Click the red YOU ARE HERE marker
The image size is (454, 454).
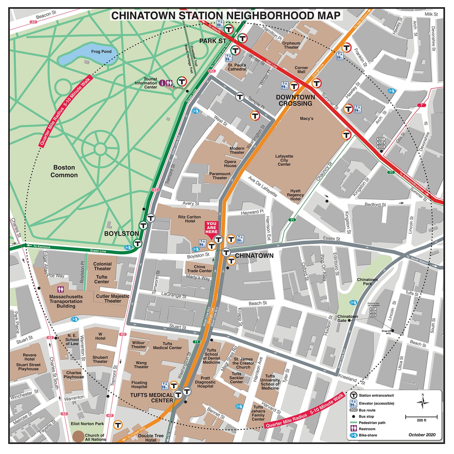click(211, 228)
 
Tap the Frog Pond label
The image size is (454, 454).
click(101, 52)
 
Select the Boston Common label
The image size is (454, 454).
click(64, 171)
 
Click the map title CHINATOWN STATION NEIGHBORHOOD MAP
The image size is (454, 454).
click(226, 16)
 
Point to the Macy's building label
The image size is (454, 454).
click(306, 118)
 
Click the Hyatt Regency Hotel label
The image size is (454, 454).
click(295, 195)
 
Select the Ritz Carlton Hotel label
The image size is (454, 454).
click(189, 219)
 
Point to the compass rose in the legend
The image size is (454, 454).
click(423, 402)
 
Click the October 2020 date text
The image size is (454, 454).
click(422, 435)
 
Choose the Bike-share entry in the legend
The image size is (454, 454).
click(368, 435)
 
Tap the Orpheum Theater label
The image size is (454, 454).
click(291, 45)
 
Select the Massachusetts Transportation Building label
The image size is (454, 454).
click(66, 301)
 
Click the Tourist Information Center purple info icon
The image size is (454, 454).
click(162, 83)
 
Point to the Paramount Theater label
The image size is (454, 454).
click(220, 176)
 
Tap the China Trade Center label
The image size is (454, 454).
click(199, 269)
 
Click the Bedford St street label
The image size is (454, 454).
click(375, 205)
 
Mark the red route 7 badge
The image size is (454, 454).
click(422, 105)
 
